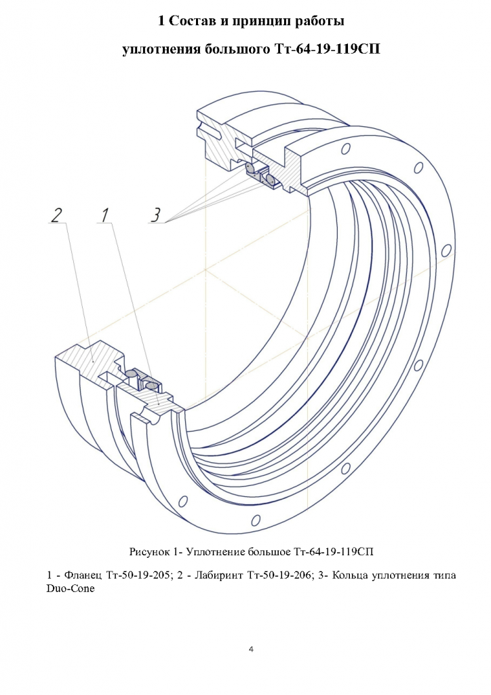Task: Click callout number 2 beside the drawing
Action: point(57,215)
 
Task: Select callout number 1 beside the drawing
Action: point(104,215)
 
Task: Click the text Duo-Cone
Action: point(71,590)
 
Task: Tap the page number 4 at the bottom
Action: point(251,650)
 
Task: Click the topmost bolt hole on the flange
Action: point(346,148)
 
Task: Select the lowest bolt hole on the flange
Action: point(255,519)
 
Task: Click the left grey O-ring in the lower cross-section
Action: point(131,375)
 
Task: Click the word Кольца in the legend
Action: point(348,576)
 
